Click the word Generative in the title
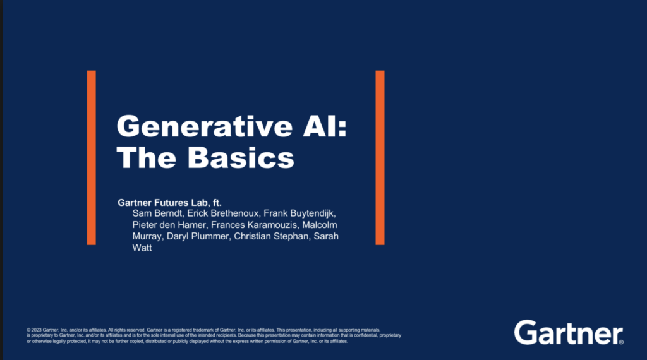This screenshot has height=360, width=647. (x=205, y=126)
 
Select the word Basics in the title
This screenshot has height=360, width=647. (x=241, y=157)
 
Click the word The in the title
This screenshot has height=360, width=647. (x=147, y=157)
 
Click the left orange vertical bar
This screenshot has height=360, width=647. (x=91, y=157)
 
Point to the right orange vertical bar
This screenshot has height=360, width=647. (x=380, y=157)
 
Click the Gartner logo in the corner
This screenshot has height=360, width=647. (x=569, y=332)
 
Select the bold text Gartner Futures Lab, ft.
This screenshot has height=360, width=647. (x=169, y=203)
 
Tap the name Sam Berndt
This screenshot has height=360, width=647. (x=157, y=213)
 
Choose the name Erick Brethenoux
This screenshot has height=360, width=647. (x=223, y=213)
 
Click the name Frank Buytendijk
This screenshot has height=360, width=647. (x=299, y=213)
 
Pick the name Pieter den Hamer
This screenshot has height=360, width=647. (x=169, y=225)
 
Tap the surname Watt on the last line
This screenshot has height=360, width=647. (x=142, y=248)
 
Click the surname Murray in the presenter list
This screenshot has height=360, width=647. (x=147, y=236)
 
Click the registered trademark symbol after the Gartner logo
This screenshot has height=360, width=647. (x=622, y=342)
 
